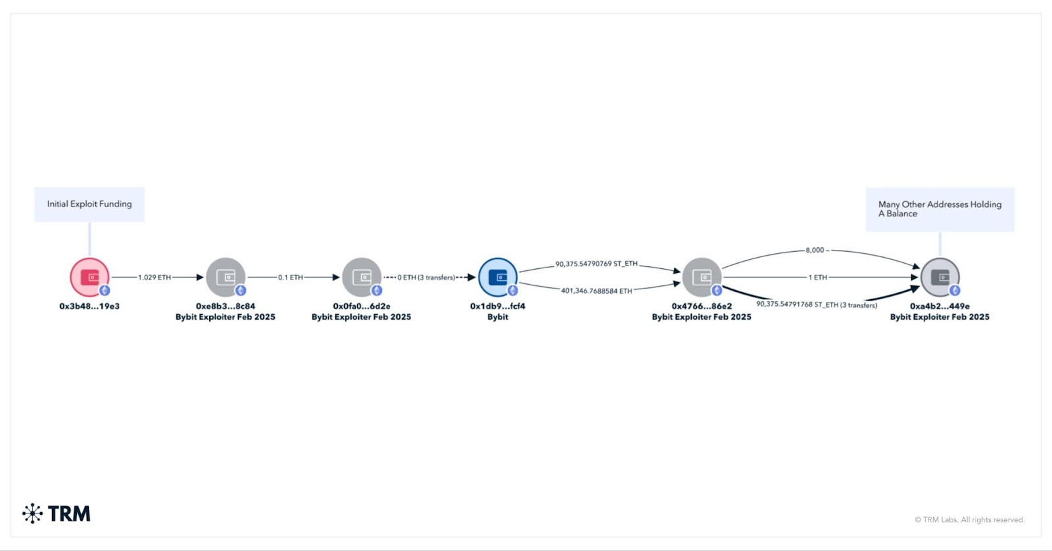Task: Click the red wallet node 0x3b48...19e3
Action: coord(89,277)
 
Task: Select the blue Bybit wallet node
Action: coord(498,277)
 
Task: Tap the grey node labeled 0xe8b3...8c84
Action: coord(226,277)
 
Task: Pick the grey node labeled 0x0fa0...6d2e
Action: coord(362,277)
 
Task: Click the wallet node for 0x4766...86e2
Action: coord(702,277)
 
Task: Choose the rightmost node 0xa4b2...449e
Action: coord(940,277)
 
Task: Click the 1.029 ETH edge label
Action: coord(154,277)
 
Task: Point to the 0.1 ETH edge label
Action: coord(290,277)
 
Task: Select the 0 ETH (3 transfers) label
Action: coord(426,277)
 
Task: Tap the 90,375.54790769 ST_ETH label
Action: coord(596,264)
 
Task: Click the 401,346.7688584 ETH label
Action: coord(596,291)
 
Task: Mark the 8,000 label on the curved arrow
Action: coord(815,251)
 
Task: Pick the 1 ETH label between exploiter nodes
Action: coord(818,277)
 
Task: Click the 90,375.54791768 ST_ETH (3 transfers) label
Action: coord(817,305)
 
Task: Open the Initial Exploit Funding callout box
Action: coord(89,204)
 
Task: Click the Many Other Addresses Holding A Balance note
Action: coord(940,210)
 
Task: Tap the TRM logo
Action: coord(57,514)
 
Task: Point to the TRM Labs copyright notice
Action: coord(969,519)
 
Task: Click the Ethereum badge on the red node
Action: coord(105,291)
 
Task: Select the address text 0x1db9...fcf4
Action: coord(498,306)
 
